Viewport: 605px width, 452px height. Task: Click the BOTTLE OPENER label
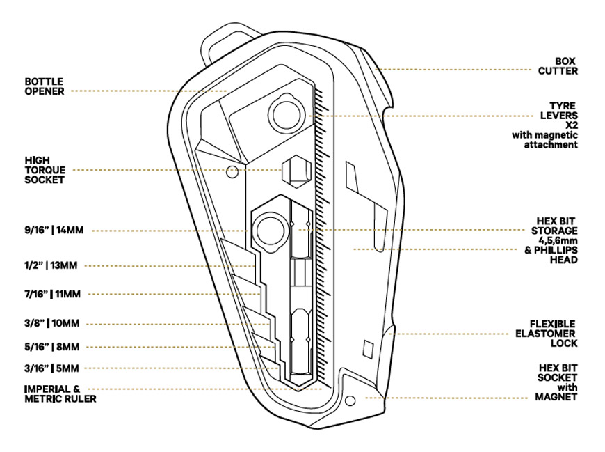coord(45,86)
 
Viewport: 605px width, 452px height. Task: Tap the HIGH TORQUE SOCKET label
coord(45,169)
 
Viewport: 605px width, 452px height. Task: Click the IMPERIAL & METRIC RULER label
coord(60,393)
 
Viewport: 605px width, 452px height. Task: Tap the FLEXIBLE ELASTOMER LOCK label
coord(553,333)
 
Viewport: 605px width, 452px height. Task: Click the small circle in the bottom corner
coord(350,400)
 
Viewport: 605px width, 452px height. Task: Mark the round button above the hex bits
coord(268,226)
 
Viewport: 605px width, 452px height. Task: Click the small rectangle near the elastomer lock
coord(369,347)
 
